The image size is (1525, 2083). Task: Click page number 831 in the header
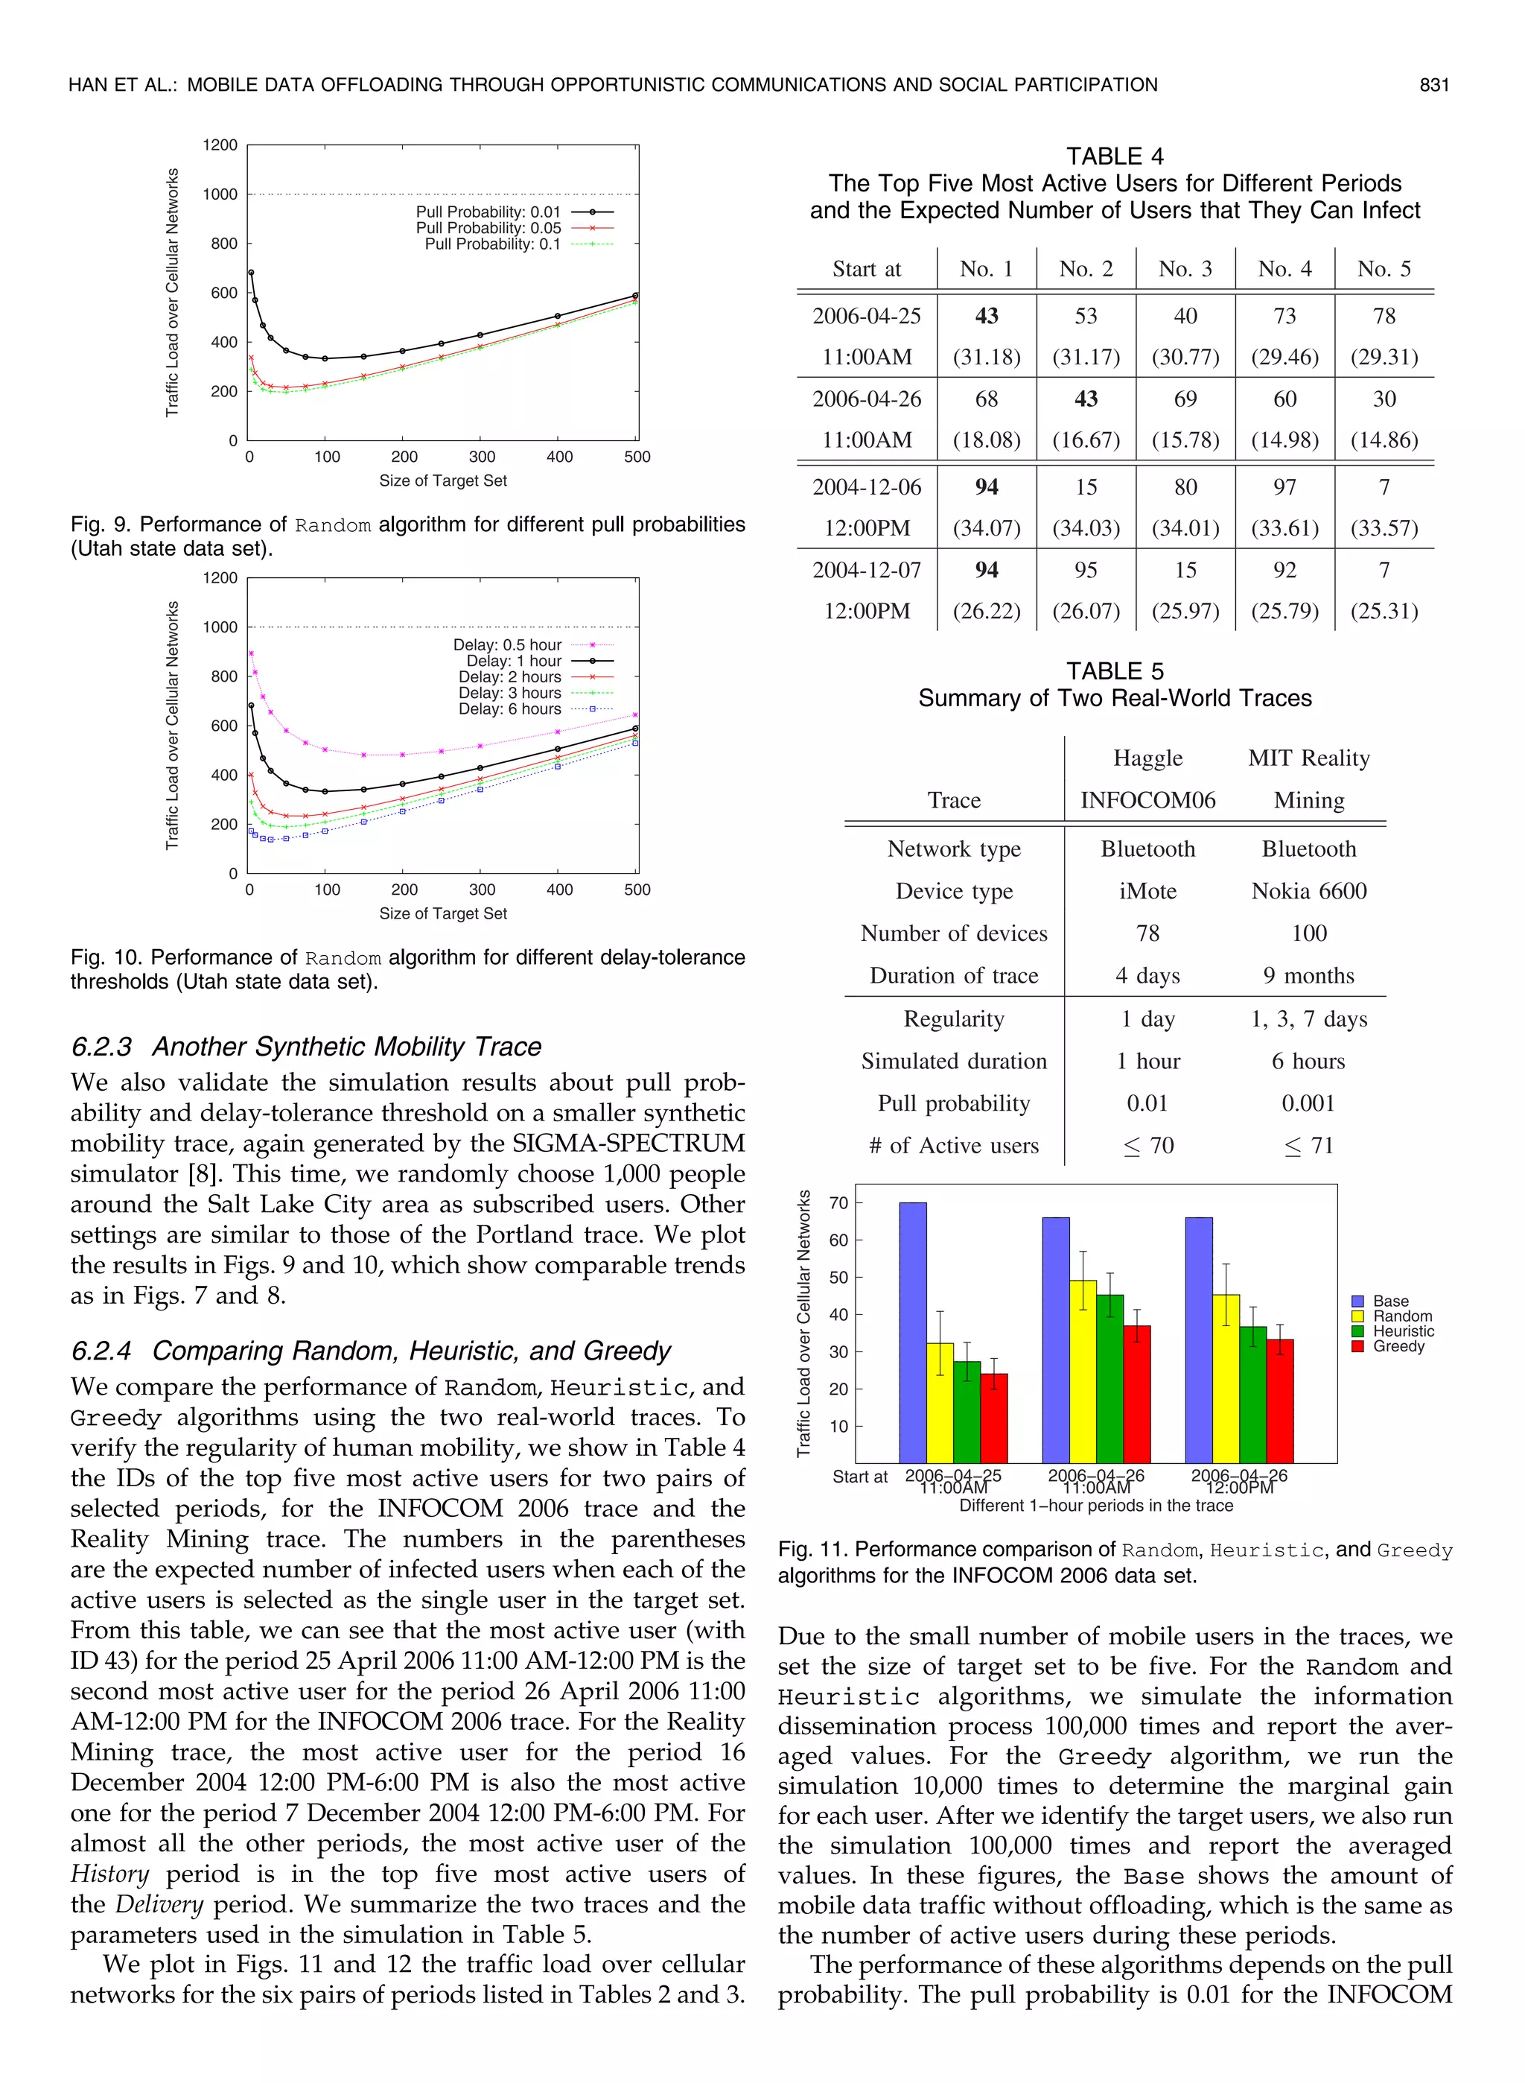pyautogui.click(x=1433, y=85)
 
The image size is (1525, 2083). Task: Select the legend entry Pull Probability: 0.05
pyautogui.click(x=488, y=228)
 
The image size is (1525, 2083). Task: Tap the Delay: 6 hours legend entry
pyautogui.click(x=509, y=709)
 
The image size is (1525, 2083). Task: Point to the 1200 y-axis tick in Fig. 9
pyautogui.click(x=220, y=145)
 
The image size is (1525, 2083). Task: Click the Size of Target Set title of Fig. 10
pyautogui.click(x=442, y=913)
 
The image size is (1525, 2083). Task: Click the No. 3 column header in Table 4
pyautogui.click(x=1185, y=269)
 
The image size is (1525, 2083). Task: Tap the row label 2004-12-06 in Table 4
pyautogui.click(x=866, y=486)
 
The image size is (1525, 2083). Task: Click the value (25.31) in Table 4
pyautogui.click(x=1383, y=610)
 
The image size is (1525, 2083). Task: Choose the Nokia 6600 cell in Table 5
pyautogui.click(x=1308, y=891)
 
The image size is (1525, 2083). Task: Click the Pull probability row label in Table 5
pyautogui.click(x=954, y=1103)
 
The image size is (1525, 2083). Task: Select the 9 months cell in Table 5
pyautogui.click(x=1308, y=975)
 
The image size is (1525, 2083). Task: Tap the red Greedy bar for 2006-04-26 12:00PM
pyautogui.click(x=1279, y=1400)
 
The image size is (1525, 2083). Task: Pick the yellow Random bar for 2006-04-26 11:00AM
pyautogui.click(x=1083, y=1371)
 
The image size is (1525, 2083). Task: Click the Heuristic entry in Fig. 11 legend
pyautogui.click(x=1403, y=1331)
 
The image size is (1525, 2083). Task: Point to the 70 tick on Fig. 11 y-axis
pyautogui.click(x=838, y=1203)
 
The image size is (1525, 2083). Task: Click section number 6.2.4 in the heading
pyautogui.click(x=101, y=1351)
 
